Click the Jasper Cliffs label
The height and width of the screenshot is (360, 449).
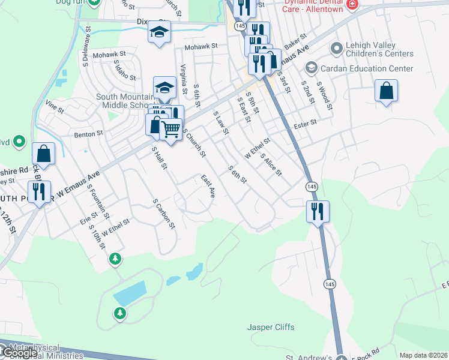coord(271,327)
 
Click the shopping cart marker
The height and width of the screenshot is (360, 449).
coord(172,128)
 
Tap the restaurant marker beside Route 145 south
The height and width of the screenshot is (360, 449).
coord(316,211)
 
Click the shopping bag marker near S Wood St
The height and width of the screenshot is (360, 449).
coord(387,91)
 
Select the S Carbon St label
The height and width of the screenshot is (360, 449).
coord(163,214)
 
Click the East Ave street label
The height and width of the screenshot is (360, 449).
coord(208,186)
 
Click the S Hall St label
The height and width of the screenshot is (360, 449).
coord(159,158)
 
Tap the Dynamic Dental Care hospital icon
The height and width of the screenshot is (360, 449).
coord(352,5)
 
